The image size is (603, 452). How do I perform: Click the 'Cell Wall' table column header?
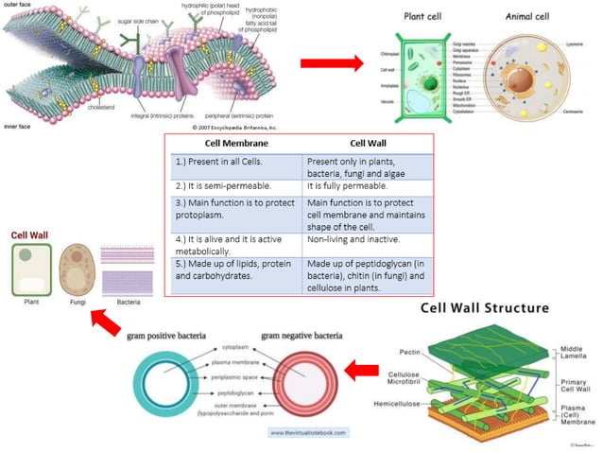[x=352, y=144]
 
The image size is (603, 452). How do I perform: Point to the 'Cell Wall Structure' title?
[x=480, y=308]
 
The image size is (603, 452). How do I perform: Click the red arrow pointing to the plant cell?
[x=332, y=63]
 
